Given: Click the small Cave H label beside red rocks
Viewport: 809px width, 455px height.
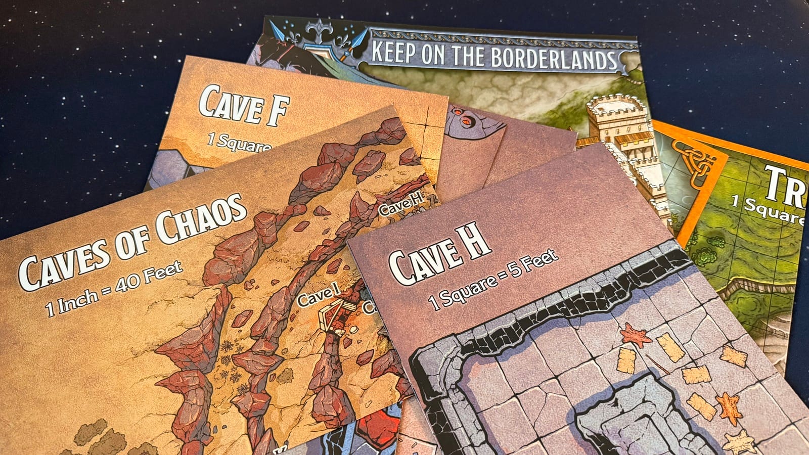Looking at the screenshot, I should click(x=400, y=206).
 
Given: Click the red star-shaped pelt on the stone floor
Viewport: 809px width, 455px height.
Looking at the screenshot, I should click(x=636, y=335).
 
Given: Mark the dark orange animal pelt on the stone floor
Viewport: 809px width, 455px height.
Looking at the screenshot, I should click(x=730, y=407).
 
